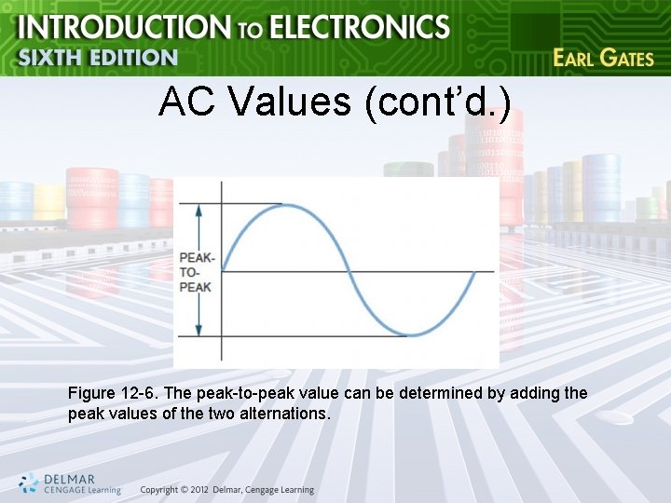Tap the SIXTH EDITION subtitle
pos(98,57)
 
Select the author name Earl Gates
pos(603,58)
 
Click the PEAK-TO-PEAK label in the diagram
pos(196,272)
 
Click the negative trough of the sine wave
pos(411,334)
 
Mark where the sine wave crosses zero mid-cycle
pos(349,272)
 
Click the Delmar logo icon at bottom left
pos(29,483)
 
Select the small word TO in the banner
pos(249,30)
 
